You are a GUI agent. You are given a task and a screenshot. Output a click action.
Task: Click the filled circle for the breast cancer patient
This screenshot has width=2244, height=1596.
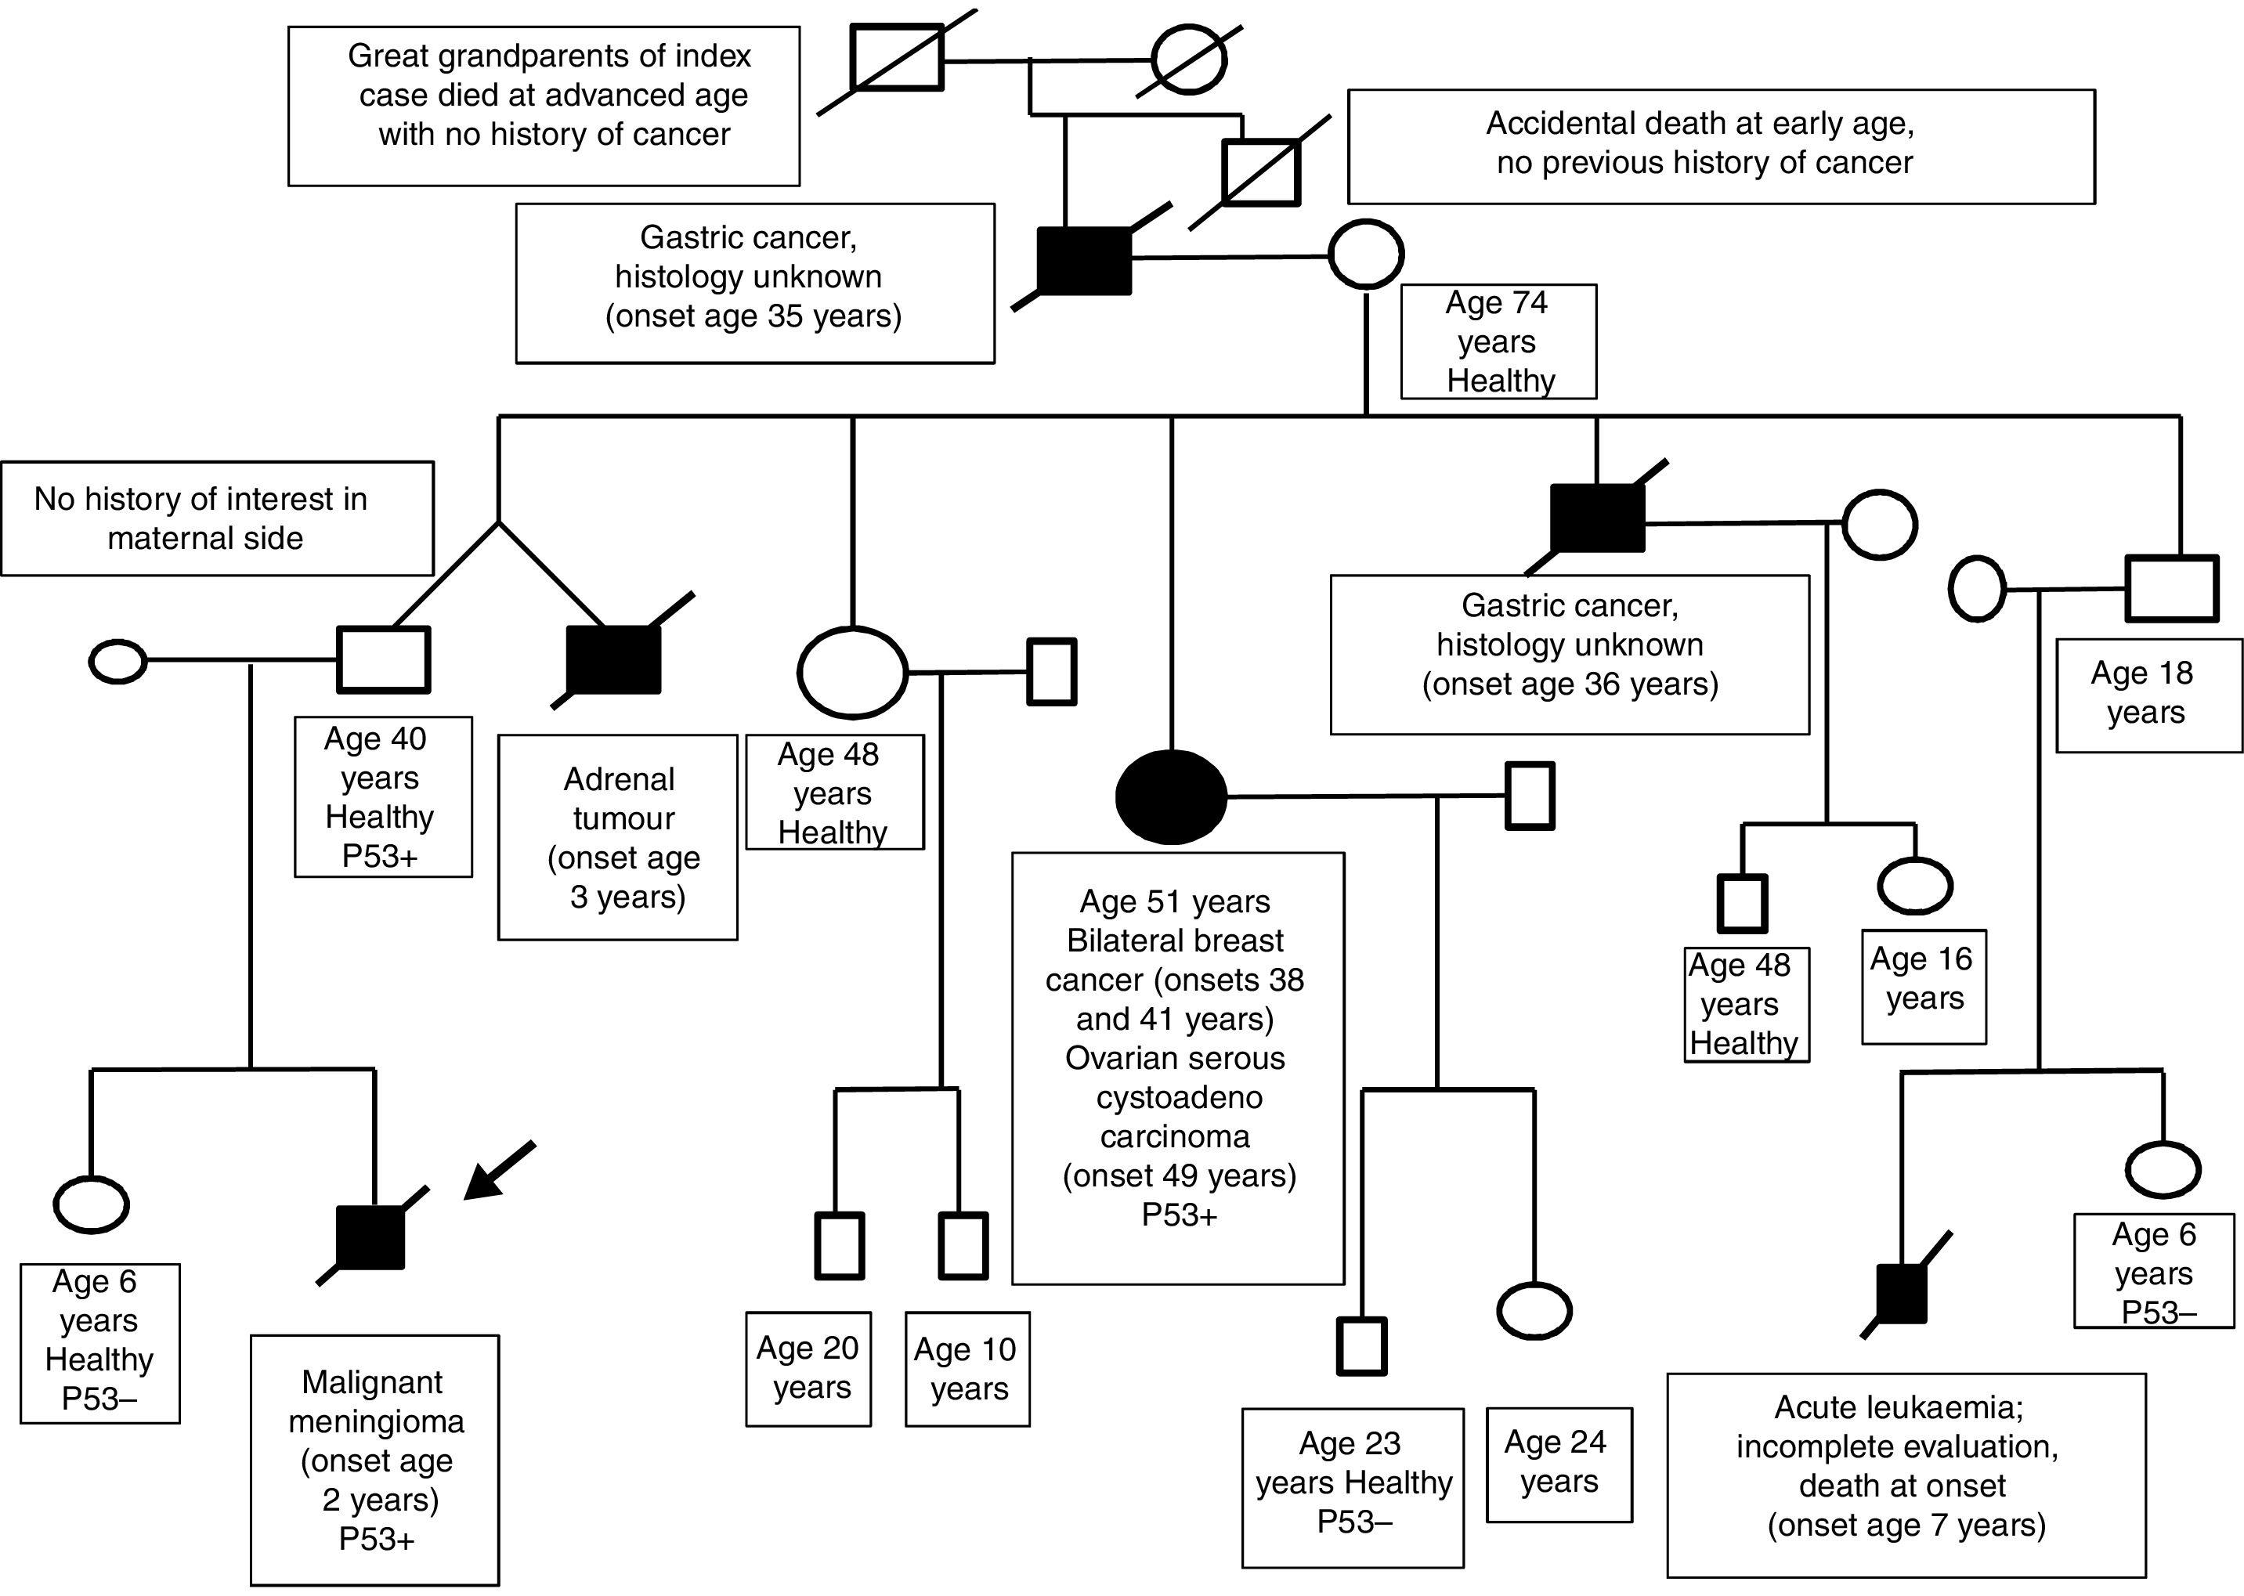click(x=1171, y=796)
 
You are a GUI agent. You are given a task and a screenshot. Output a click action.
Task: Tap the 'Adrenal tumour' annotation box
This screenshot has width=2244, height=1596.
click(x=618, y=837)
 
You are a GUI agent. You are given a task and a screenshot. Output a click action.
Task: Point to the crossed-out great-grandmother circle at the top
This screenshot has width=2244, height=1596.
click(x=1188, y=59)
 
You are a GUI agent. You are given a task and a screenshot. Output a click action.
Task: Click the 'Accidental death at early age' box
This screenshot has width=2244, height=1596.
click(x=1719, y=146)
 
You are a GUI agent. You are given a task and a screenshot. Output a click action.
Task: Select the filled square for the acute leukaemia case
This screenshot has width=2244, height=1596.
click(x=1900, y=1293)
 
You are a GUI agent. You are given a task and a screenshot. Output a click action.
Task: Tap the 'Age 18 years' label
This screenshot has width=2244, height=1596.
click(x=2148, y=694)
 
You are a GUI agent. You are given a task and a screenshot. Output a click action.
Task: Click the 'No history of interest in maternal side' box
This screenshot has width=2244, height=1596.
click(x=216, y=518)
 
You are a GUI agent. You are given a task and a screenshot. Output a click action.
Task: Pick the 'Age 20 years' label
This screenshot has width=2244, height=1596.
click(x=808, y=1368)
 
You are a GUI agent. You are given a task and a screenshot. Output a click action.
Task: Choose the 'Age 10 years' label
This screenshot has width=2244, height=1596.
click(x=967, y=1368)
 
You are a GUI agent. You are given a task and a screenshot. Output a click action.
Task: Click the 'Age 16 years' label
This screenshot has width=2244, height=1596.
click(x=1923, y=986)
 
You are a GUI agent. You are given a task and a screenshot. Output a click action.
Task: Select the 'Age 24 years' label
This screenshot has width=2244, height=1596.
click(x=1558, y=1464)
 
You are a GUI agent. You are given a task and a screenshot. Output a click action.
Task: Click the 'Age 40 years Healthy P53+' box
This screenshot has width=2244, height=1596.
click(x=382, y=796)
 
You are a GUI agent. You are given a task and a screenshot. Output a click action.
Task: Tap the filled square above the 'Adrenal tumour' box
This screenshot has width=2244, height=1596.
click(x=613, y=659)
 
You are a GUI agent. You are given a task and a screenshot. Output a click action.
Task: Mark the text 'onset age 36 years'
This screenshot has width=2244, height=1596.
click(x=1570, y=684)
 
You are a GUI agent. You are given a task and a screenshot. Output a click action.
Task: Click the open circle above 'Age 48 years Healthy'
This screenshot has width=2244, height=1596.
click(x=851, y=672)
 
